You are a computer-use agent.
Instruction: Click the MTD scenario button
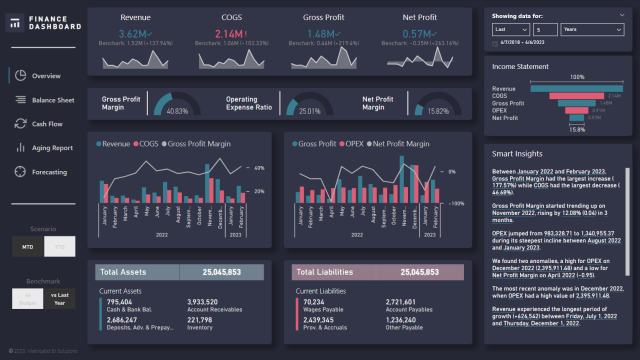click(26, 245)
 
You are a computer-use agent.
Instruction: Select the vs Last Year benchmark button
click(59, 298)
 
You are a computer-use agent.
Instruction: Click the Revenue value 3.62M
click(133, 34)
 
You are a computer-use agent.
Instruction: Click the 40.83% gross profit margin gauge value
click(176, 111)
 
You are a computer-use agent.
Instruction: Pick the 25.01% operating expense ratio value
click(311, 111)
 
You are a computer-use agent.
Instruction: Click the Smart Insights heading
click(516, 154)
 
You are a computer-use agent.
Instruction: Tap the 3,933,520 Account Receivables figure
click(205, 302)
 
